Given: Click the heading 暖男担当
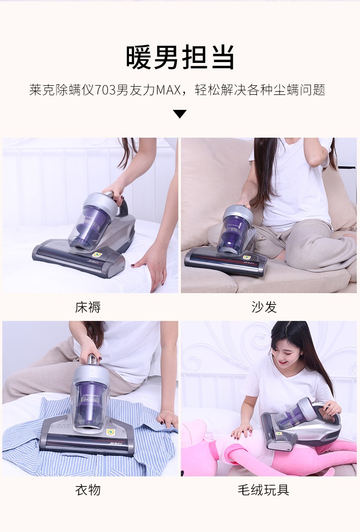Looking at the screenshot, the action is coord(180,57).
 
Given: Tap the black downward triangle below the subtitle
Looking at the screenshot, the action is coord(180,114).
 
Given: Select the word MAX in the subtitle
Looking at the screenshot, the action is coord(168,90).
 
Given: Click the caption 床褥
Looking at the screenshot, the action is coord(88,307).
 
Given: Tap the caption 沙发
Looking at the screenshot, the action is coord(264,307).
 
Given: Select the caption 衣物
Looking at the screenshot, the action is coord(88,490).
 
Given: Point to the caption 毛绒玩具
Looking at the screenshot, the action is coord(263,490).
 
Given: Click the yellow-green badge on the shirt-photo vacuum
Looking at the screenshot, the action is coord(110,432).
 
